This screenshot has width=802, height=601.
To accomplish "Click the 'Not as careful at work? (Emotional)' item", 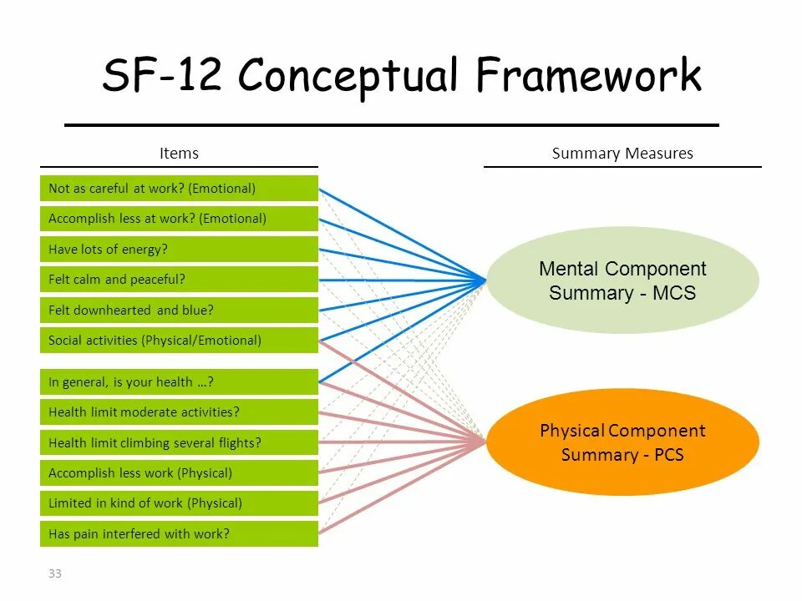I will pyautogui.click(x=179, y=189).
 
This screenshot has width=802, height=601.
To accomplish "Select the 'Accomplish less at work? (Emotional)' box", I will pyautogui.click(x=179, y=219).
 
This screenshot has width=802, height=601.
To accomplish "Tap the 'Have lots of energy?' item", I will pyautogui.click(x=179, y=249).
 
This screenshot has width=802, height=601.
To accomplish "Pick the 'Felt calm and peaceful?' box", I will pyautogui.click(x=179, y=280).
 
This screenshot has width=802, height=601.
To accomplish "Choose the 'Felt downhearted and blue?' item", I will pyautogui.click(x=179, y=310).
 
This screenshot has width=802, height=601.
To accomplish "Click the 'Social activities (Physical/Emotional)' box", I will pyautogui.click(x=179, y=341).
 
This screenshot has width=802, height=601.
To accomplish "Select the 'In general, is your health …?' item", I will pyautogui.click(x=179, y=382).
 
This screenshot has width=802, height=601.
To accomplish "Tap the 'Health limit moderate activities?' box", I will pyautogui.click(x=179, y=412).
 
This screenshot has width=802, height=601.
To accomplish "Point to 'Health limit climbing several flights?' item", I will pyautogui.click(x=179, y=443).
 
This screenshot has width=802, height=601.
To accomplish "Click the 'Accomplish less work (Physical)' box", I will pyautogui.click(x=179, y=473).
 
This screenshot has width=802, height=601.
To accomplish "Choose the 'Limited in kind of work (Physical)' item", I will pyautogui.click(x=179, y=503).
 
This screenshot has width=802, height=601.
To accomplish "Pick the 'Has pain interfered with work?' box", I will pyautogui.click(x=179, y=534).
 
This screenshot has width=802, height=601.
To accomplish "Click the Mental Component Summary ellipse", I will pyautogui.click(x=622, y=280).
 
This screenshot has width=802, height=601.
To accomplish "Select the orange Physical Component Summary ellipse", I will pyautogui.click(x=622, y=442).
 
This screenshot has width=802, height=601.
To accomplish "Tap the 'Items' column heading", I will pyautogui.click(x=179, y=154).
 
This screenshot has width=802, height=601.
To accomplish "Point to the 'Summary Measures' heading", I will pyautogui.click(x=622, y=154).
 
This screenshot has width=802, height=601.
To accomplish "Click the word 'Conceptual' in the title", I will pyautogui.click(x=348, y=77).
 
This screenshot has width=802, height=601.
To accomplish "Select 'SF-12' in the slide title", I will pyautogui.click(x=162, y=77).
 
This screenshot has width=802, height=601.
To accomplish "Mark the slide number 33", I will pyautogui.click(x=55, y=573).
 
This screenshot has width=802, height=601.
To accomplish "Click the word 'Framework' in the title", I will pyautogui.click(x=589, y=77).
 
